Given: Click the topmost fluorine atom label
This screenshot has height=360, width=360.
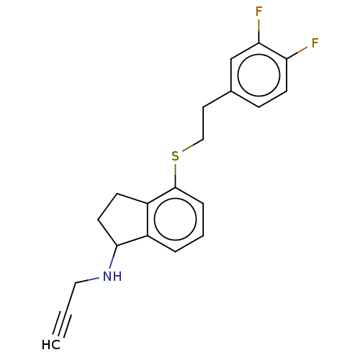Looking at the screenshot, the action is [258, 12].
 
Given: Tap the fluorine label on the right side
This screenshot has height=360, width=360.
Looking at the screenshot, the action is [315, 43].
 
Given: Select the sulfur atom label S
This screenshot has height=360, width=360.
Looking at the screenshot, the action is [176, 156].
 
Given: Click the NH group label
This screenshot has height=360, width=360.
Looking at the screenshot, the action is [112, 276].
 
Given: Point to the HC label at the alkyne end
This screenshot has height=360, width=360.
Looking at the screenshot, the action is [51, 345].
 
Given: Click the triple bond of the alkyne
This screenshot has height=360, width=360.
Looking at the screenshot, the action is [62, 324].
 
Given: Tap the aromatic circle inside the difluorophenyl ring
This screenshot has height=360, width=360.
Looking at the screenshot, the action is [258, 75].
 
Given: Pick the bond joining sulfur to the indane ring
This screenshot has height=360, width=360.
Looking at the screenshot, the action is [176, 176].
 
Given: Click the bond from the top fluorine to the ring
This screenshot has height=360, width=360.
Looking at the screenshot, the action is [258, 31].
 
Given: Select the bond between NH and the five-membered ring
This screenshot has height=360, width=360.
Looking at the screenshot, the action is [113, 257].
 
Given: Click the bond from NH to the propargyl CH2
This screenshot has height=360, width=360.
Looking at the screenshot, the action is [87, 280].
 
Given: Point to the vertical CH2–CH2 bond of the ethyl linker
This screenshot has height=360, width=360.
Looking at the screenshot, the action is [203, 123].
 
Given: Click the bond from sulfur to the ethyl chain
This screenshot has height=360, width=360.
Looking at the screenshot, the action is [193, 145].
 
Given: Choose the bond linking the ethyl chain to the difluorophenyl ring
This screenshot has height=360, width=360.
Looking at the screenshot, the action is [217, 99].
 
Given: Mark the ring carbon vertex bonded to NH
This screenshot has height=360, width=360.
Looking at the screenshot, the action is [117, 246].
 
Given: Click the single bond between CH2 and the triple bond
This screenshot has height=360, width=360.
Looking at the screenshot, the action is [70, 297].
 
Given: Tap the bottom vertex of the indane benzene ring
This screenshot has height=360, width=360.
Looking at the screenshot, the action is [176, 252].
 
